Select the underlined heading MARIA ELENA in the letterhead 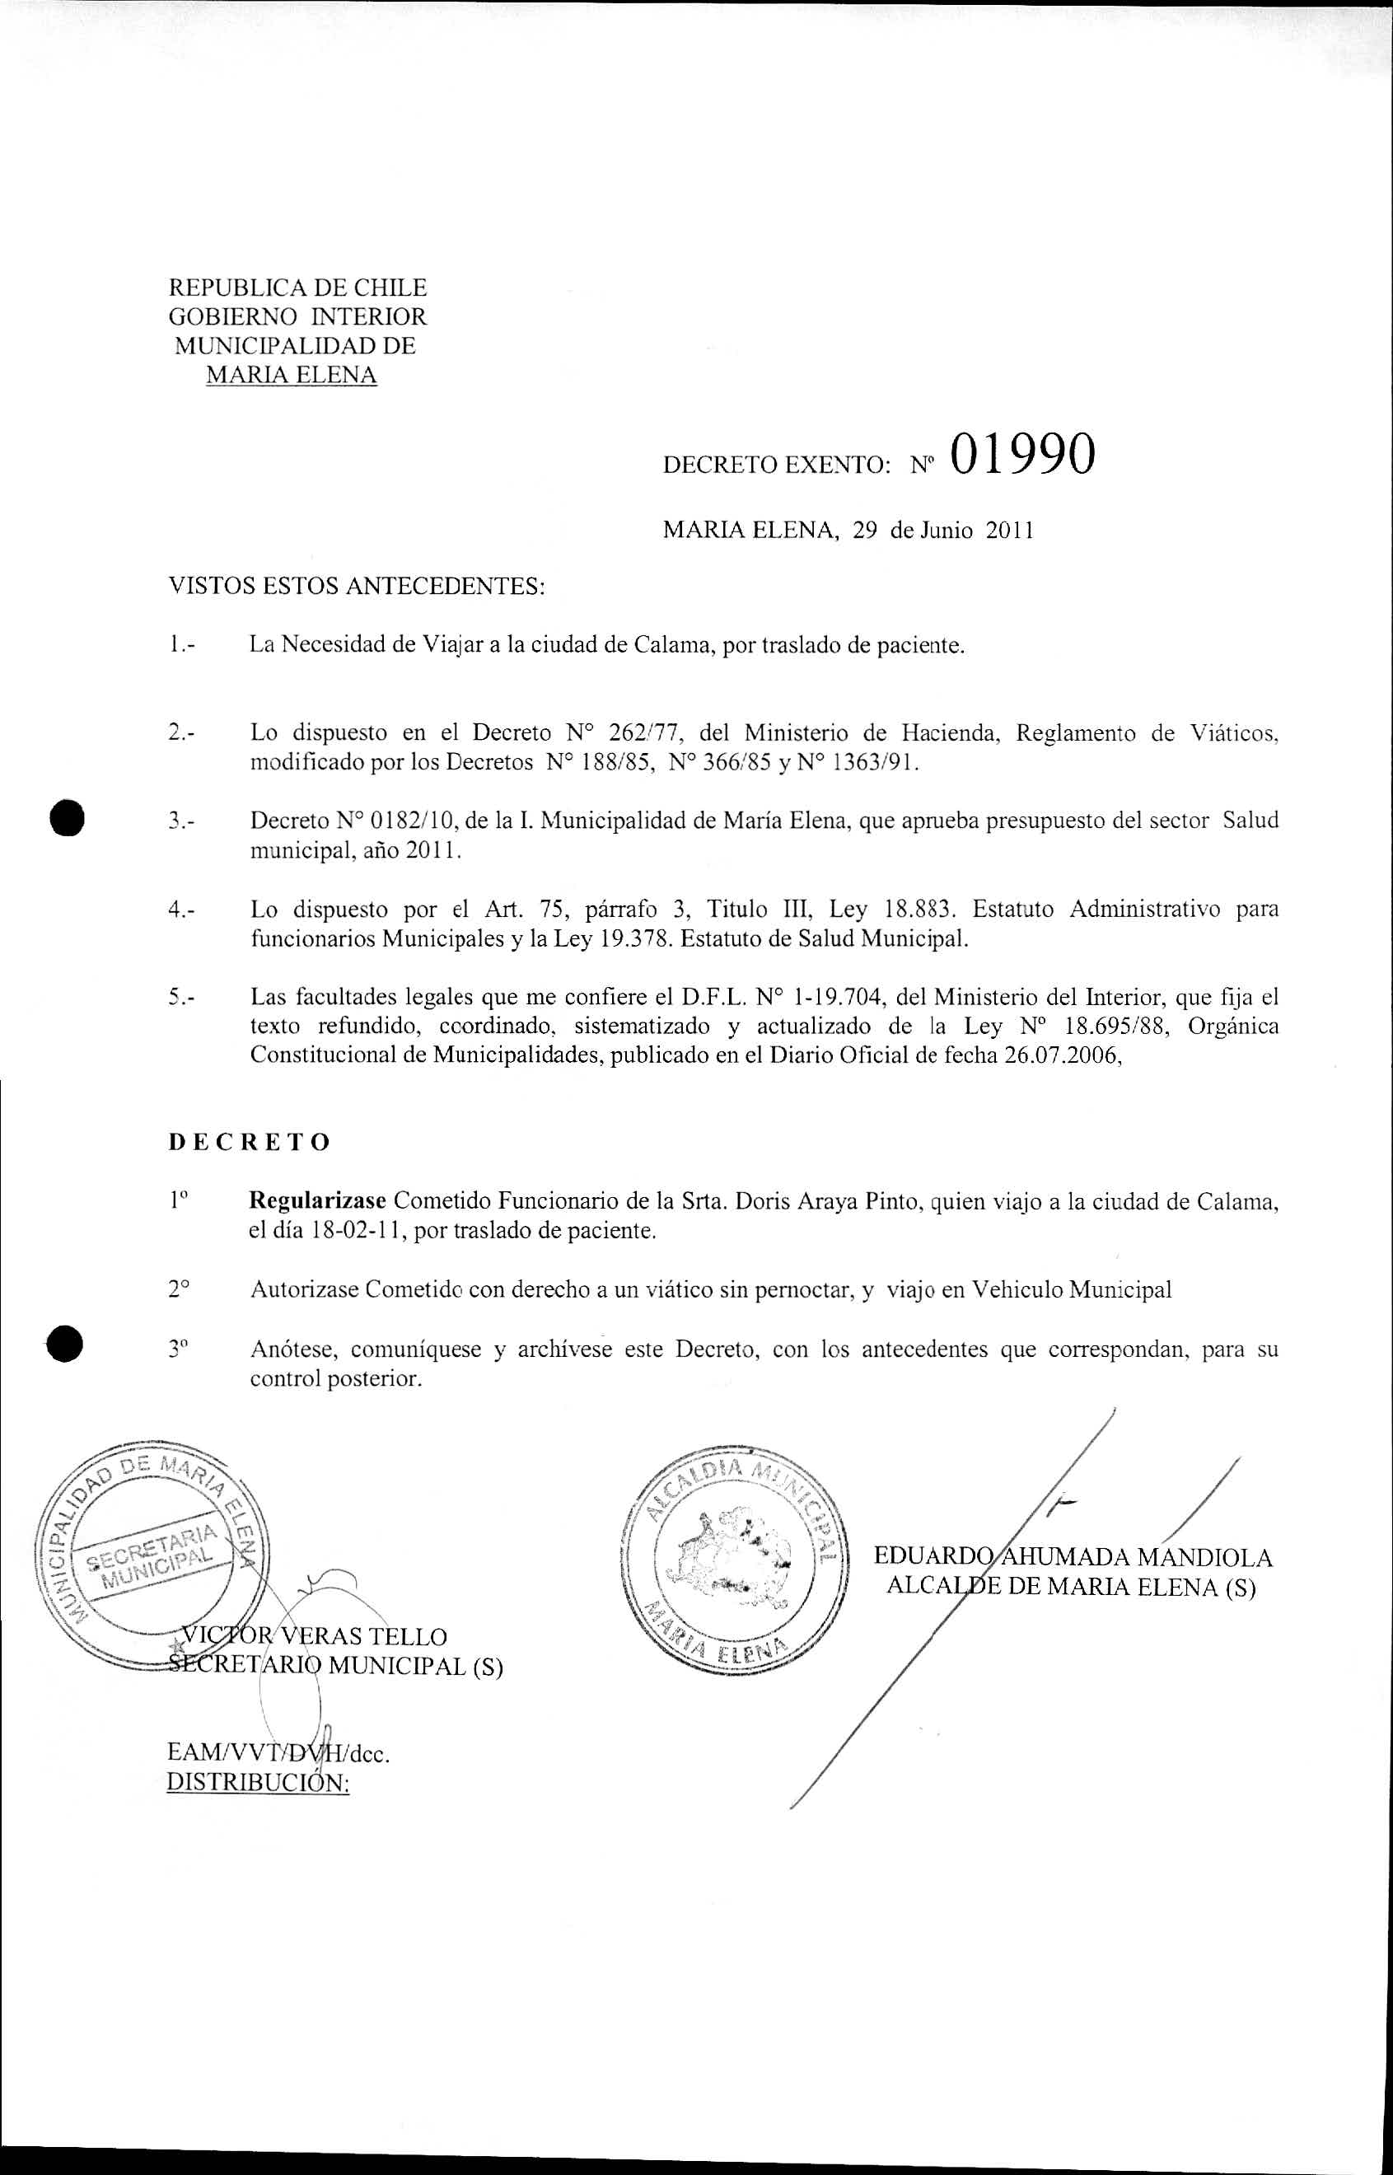click(x=292, y=374)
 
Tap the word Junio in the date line click(x=947, y=531)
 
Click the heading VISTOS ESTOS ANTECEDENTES click(x=358, y=587)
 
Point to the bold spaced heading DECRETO click(x=250, y=1142)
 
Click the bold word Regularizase click(x=317, y=1201)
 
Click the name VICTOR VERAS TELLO click(x=314, y=1636)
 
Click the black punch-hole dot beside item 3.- click(x=67, y=821)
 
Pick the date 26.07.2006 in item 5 click(x=1062, y=1055)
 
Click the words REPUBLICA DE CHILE click(x=297, y=288)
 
